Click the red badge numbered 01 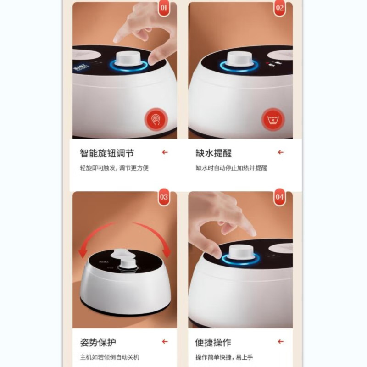click(164, 8)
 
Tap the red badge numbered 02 click(279, 8)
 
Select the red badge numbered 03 click(164, 198)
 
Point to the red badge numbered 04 click(279, 198)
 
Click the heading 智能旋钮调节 click(107, 153)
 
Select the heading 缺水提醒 click(214, 153)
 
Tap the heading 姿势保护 click(98, 342)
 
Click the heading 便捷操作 click(214, 342)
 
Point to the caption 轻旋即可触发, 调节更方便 click(114, 168)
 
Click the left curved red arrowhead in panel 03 click(84, 252)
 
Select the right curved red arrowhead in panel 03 click(166, 251)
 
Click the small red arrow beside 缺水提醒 click(280, 153)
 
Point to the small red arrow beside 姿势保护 click(165, 342)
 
